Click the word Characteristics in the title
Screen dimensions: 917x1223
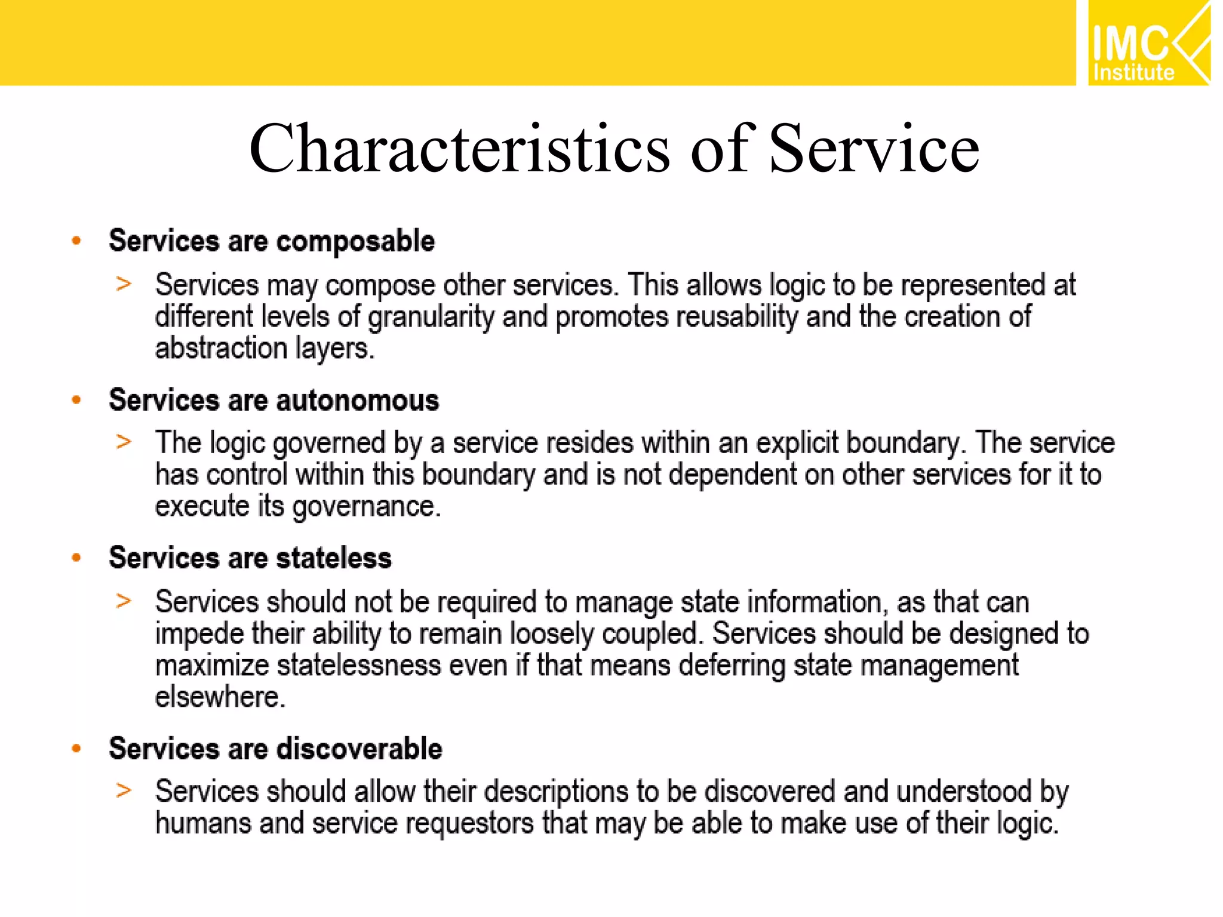pos(459,148)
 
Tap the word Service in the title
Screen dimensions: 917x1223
pos(874,148)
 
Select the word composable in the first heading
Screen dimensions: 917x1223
pos(355,241)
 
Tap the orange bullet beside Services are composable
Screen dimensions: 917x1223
pos(76,241)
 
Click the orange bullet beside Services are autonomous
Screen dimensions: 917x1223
pos(76,400)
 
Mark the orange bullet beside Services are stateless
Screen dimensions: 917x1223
pos(76,558)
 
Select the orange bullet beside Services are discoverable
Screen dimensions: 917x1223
pos(76,749)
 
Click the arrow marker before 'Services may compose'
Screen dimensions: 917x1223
pos(124,284)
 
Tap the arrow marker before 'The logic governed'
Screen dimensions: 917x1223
pos(124,442)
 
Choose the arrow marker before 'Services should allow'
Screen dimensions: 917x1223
pos(124,790)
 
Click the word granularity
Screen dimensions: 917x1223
pos(431,317)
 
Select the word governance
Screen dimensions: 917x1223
pos(366,507)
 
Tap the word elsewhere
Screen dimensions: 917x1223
pos(220,697)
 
